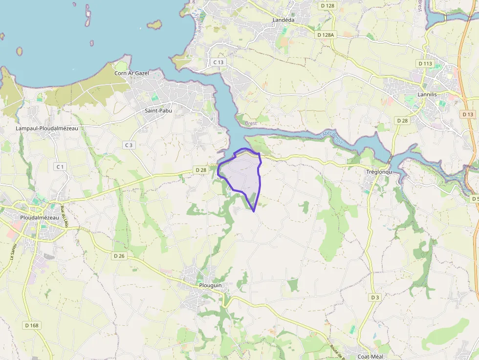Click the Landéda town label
tap(283, 20)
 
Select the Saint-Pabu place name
tap(158, 110)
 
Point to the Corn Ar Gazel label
tap(131, 73)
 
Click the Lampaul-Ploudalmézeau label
tap(47, 128)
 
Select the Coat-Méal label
tap(372, 356)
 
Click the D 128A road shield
tap(325, 35)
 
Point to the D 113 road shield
tap(425, 64)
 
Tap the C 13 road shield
tap(218, 62)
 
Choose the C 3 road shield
tap(129, 145)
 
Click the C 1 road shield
tap(60, 167)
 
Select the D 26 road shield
tap(119, 256)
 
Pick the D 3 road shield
tap(374, 297)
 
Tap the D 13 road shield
tap(468, 114)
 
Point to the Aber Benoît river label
tap(332, 137)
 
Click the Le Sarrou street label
tap(13, 251)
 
